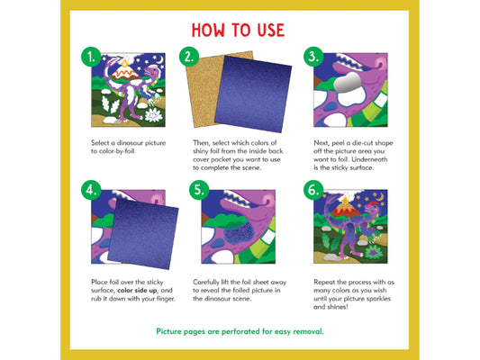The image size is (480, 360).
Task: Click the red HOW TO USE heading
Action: pyautogui.click(x=238, y=31)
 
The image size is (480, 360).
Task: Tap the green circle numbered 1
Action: pyautogui.click(x=91, y=57)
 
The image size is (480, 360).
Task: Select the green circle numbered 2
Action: pyautogui.click(x=189, y=57)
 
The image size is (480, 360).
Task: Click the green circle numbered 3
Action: pyautogui.click(x=313, y=57)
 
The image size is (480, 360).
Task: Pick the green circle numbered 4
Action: pyautogui.click(x=91, y=190)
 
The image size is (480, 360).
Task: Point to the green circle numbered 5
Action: pyautogui.click(x=199, y=190)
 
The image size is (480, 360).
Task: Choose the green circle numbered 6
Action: pyautogui.click(x=313, y=190)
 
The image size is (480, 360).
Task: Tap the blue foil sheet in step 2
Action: pyautogui.click(x=253, y=94)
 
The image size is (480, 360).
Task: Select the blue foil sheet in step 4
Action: pyautogui.click(x=143, y=234)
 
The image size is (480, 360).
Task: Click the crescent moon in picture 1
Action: pyautogui.click(x=159, y=59)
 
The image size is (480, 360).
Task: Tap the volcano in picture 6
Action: pyautogui.click(x=346, y=210)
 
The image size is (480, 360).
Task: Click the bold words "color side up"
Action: pyautogui.click(x=137, y=291)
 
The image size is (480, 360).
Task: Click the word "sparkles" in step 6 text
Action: pyautogui.click(x=378, y=299)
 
